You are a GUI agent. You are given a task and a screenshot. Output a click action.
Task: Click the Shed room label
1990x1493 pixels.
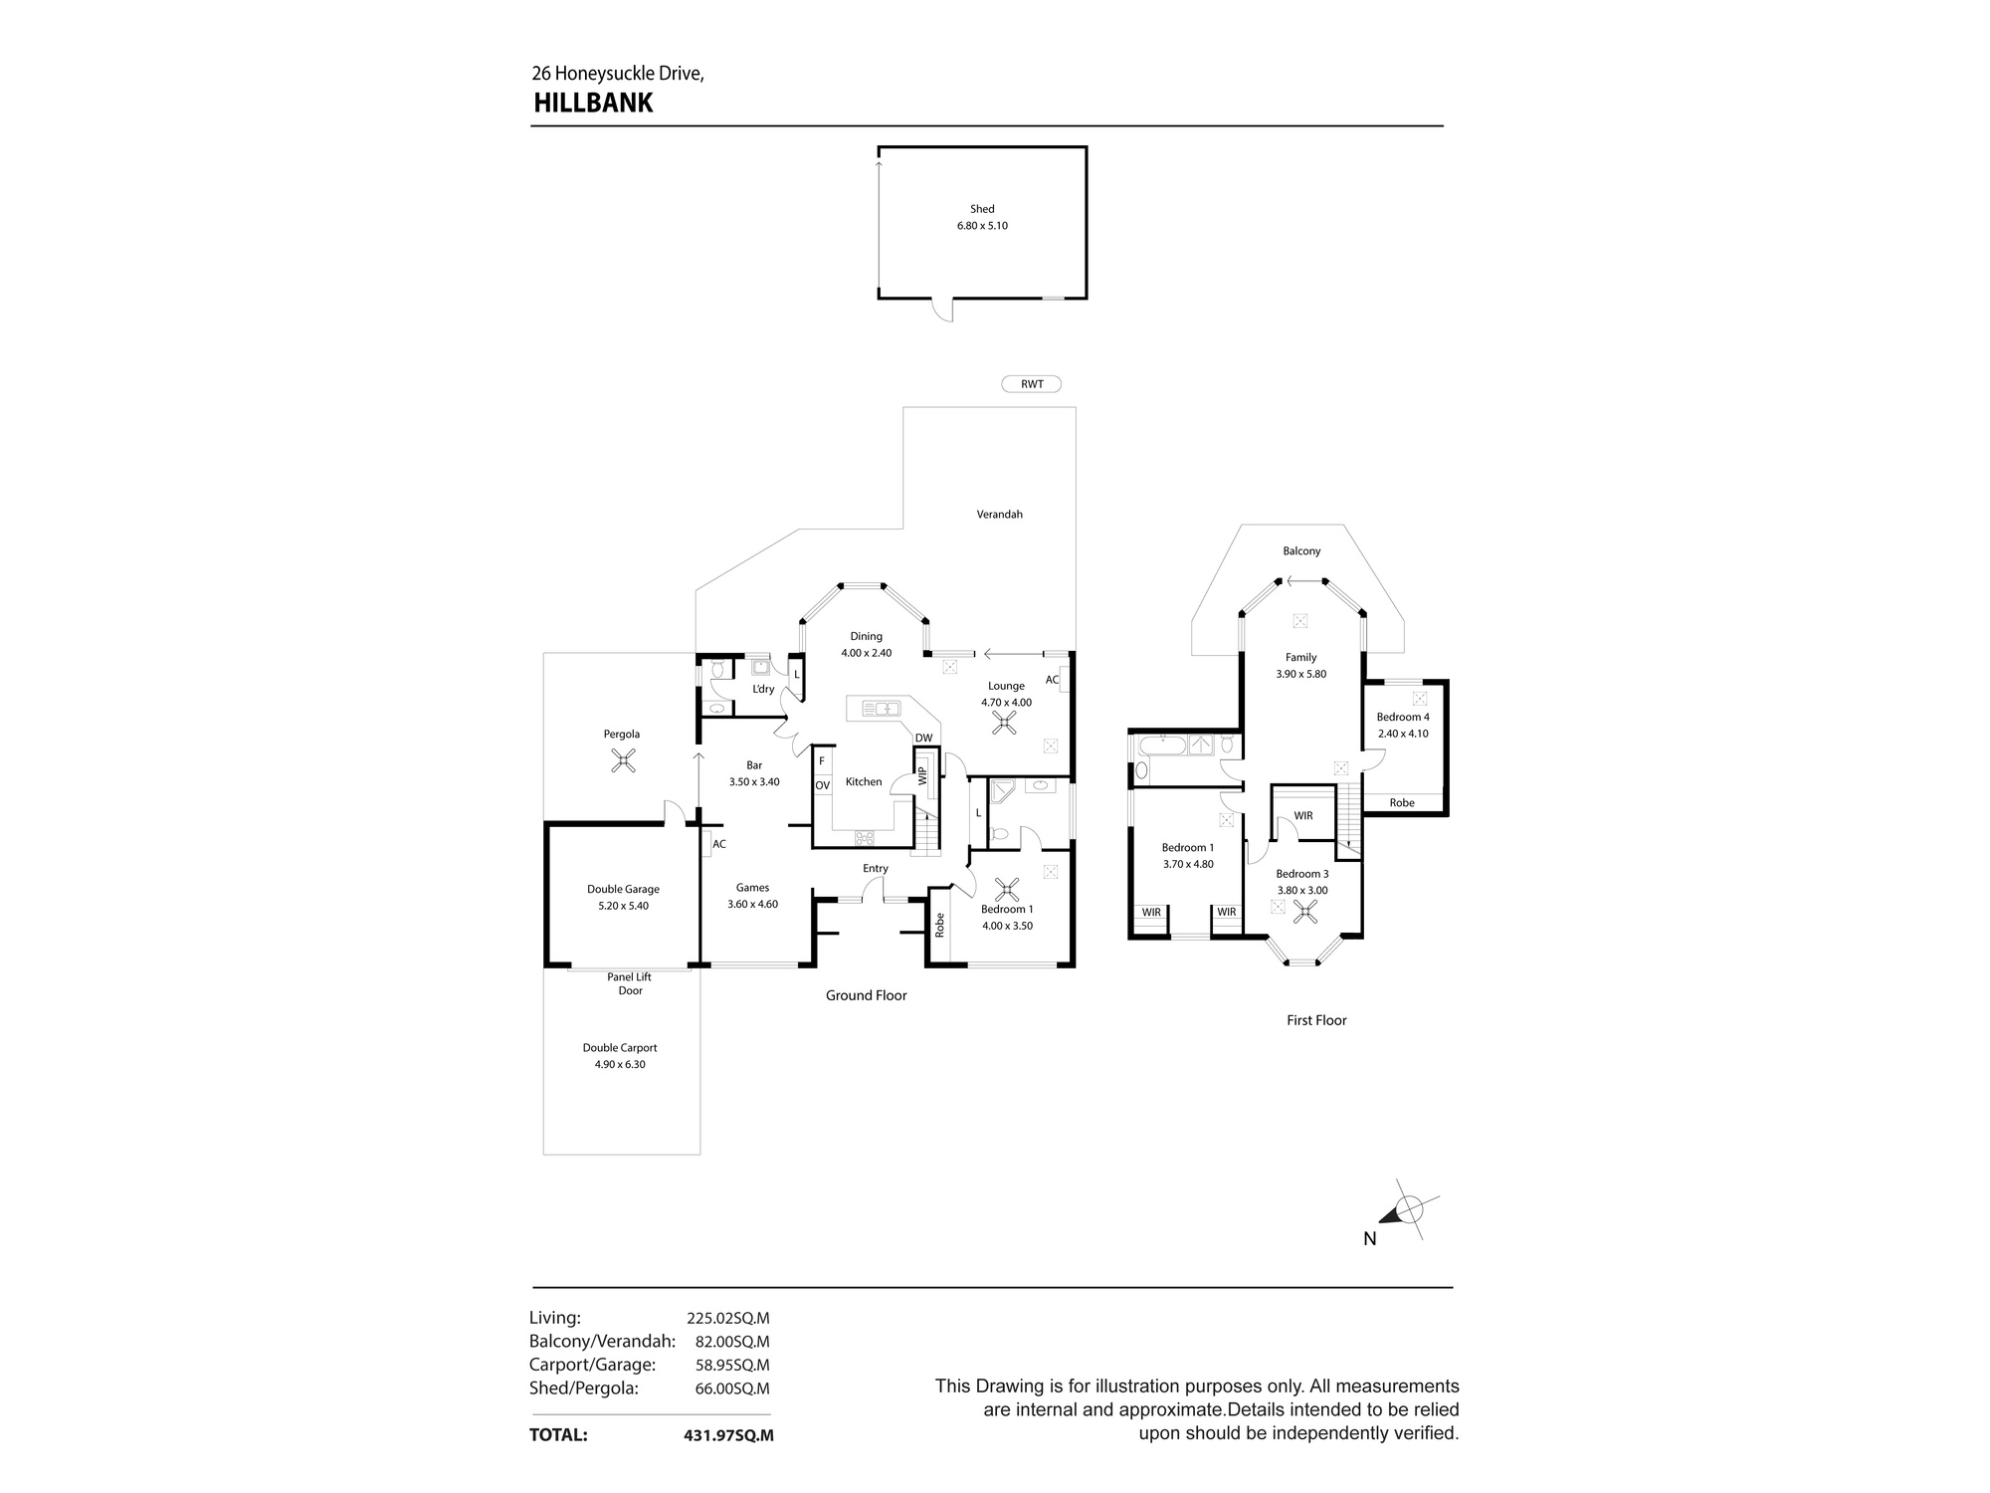pos(982,209)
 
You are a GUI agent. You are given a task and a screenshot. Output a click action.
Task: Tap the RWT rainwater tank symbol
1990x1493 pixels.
pos(1032,384)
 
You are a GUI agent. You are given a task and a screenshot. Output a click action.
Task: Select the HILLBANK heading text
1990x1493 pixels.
pos(593,104)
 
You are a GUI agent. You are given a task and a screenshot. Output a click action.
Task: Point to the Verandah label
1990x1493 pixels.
pos(999,515)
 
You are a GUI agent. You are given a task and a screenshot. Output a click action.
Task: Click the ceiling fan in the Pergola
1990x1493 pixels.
pos(623,762)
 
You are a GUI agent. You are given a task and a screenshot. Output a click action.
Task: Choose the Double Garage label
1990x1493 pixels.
pos(623,890)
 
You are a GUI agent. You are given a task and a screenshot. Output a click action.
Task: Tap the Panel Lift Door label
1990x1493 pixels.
pos(630,983)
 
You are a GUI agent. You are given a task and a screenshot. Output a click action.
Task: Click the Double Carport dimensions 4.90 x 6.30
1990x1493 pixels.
pos(620,1064)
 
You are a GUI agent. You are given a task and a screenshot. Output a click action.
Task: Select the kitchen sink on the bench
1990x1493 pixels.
pos(882,709)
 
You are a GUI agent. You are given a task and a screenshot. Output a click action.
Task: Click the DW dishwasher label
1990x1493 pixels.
pos(923,738)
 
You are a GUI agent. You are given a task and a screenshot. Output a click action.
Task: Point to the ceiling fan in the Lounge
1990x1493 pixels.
pos(1005,724)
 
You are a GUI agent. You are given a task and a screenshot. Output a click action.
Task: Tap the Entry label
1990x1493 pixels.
pos(876,869)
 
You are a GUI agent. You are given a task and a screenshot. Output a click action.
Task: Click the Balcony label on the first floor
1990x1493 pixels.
pos(1301,551)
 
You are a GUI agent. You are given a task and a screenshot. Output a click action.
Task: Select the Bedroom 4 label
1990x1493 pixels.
pos(1403,717)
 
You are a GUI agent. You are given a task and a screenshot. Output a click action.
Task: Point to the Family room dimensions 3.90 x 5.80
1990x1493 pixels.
pos(1301,674)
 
